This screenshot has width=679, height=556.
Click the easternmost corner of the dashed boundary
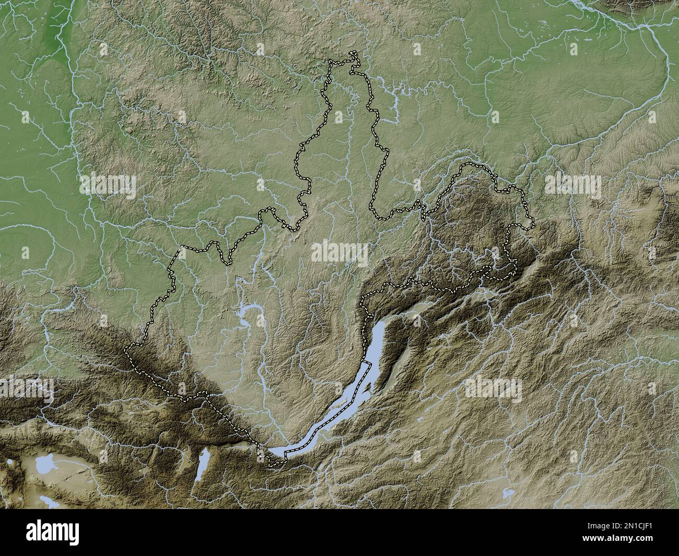[x=534, y=224]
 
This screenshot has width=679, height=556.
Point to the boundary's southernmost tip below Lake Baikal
[x=271, y=464]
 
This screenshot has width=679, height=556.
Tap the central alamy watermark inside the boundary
[x=339, y=253]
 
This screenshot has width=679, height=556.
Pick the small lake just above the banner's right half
[x=505, y=493]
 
